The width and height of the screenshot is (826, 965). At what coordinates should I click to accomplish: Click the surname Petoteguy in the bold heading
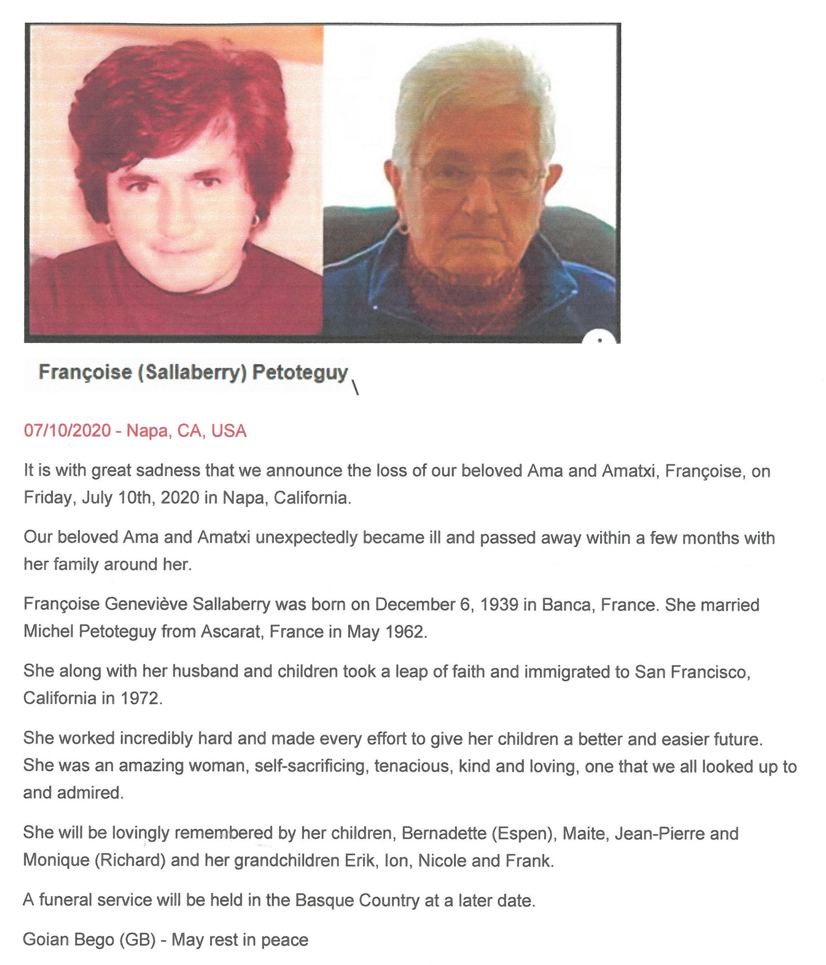pyautogui.click(x=300, y=372)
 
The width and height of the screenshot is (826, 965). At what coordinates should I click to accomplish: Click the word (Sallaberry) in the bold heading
pyautogui.click(x=192, y=372)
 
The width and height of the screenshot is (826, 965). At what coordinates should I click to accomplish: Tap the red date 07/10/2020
pyautogui.click(x=68, y=431)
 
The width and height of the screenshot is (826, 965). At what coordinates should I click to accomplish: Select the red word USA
pyautogui.click(x=229, y=431)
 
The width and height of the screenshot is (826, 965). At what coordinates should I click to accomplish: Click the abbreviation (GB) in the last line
pyautogui.click(x=137, y=940)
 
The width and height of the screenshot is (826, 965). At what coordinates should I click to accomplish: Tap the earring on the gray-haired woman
pyautogui.click(x=403, y=229)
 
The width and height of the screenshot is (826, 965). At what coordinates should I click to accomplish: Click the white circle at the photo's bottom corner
pyautogui.click(x=600, y=339)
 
